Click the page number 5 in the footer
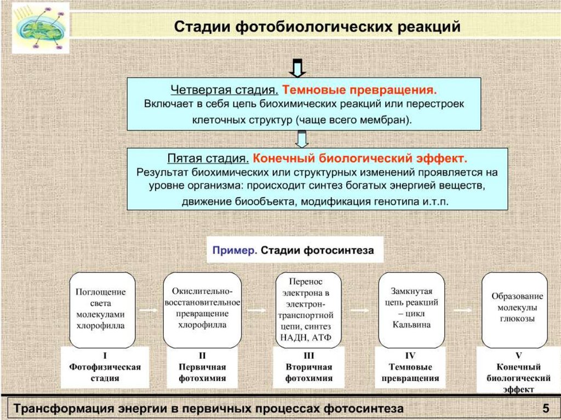[545, 409]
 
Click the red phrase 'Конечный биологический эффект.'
[360, 159]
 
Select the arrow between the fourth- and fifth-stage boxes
[301, 139]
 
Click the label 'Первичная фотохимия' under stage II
[202, 373]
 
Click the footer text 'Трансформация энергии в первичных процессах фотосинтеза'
[208, 409]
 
